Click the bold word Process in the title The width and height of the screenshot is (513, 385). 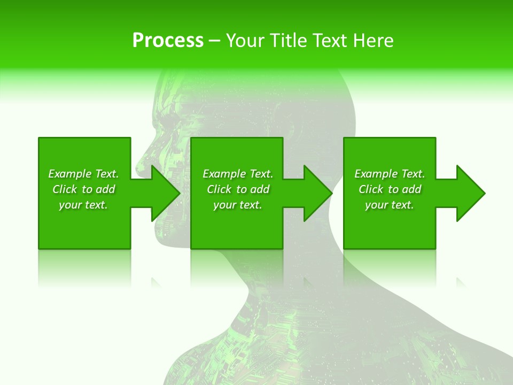pos(168,41)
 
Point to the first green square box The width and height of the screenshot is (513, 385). pos(84,230)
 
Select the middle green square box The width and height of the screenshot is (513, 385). pos(237,230)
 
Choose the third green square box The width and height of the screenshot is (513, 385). pos(390,230)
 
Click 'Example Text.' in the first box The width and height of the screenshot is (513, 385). pos(83,174)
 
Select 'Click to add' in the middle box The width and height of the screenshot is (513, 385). pos(238,189)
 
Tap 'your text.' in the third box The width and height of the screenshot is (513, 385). pos(390,205)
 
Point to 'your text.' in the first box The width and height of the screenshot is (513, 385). pos(83,205)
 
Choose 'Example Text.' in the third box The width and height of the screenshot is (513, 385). pos(390,174)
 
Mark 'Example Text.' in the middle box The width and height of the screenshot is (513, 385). pos(238,174)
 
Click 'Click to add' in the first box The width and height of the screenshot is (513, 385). pos(83,189)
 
